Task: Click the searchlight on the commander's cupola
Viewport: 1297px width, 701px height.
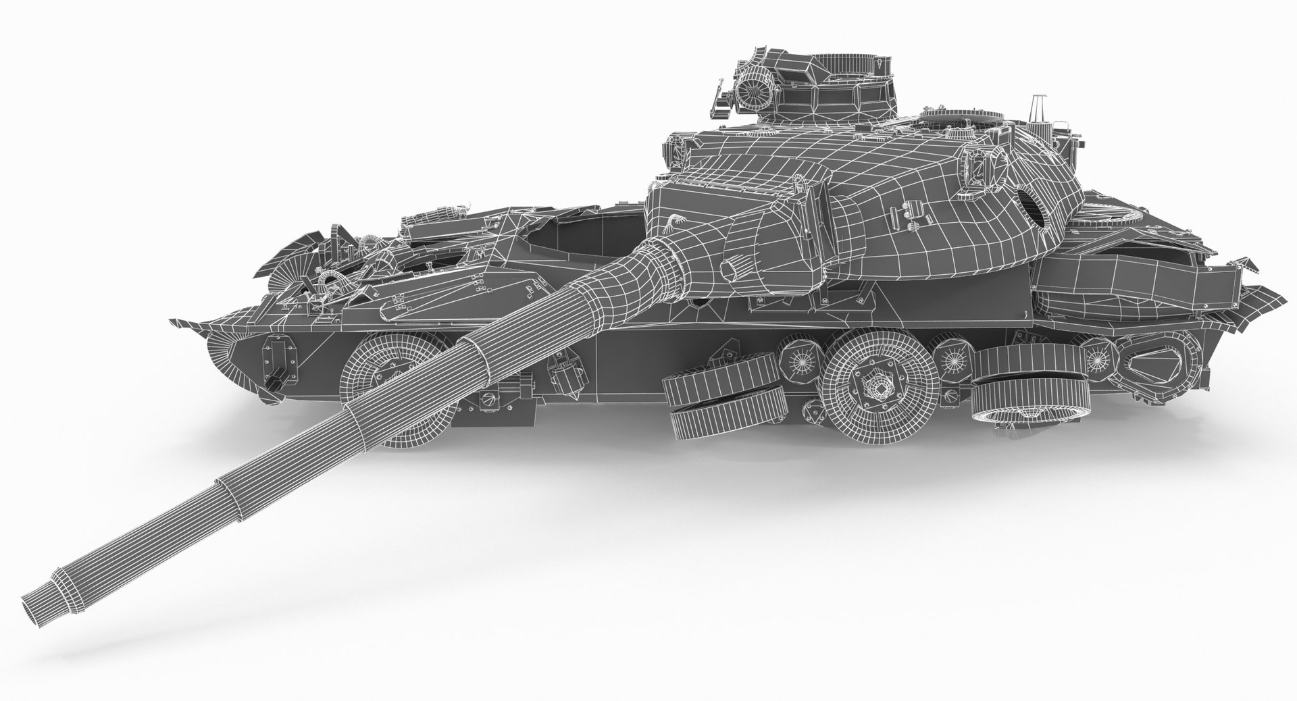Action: [x=751, y=85]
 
